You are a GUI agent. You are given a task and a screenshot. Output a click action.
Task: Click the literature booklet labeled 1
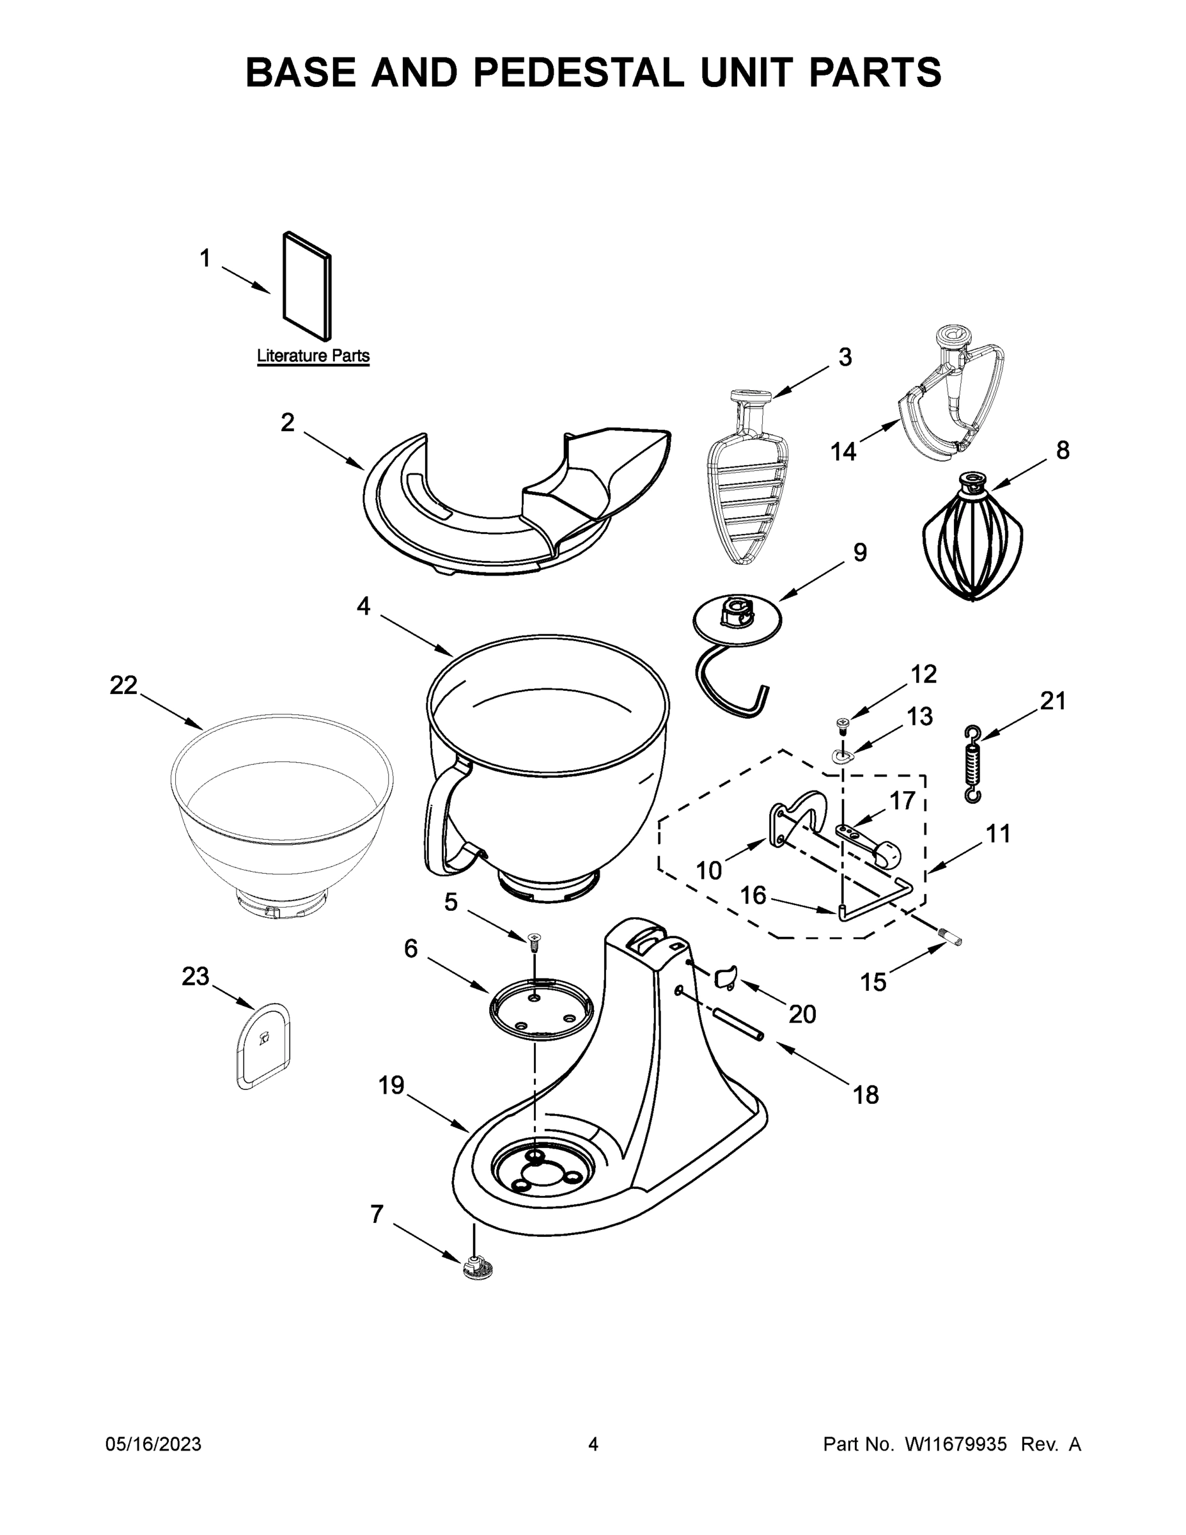point(307,286)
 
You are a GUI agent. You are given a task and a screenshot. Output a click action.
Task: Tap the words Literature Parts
point(313,356)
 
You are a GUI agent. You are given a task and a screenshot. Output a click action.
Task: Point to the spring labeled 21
point(973,763)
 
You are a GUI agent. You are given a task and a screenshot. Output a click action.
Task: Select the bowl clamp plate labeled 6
point(540,1009)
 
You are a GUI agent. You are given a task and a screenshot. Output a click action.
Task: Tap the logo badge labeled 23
point(262,1045)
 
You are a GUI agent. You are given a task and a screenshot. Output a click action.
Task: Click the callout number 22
point(123,685)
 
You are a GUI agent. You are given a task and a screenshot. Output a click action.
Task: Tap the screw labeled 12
point(842,723)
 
